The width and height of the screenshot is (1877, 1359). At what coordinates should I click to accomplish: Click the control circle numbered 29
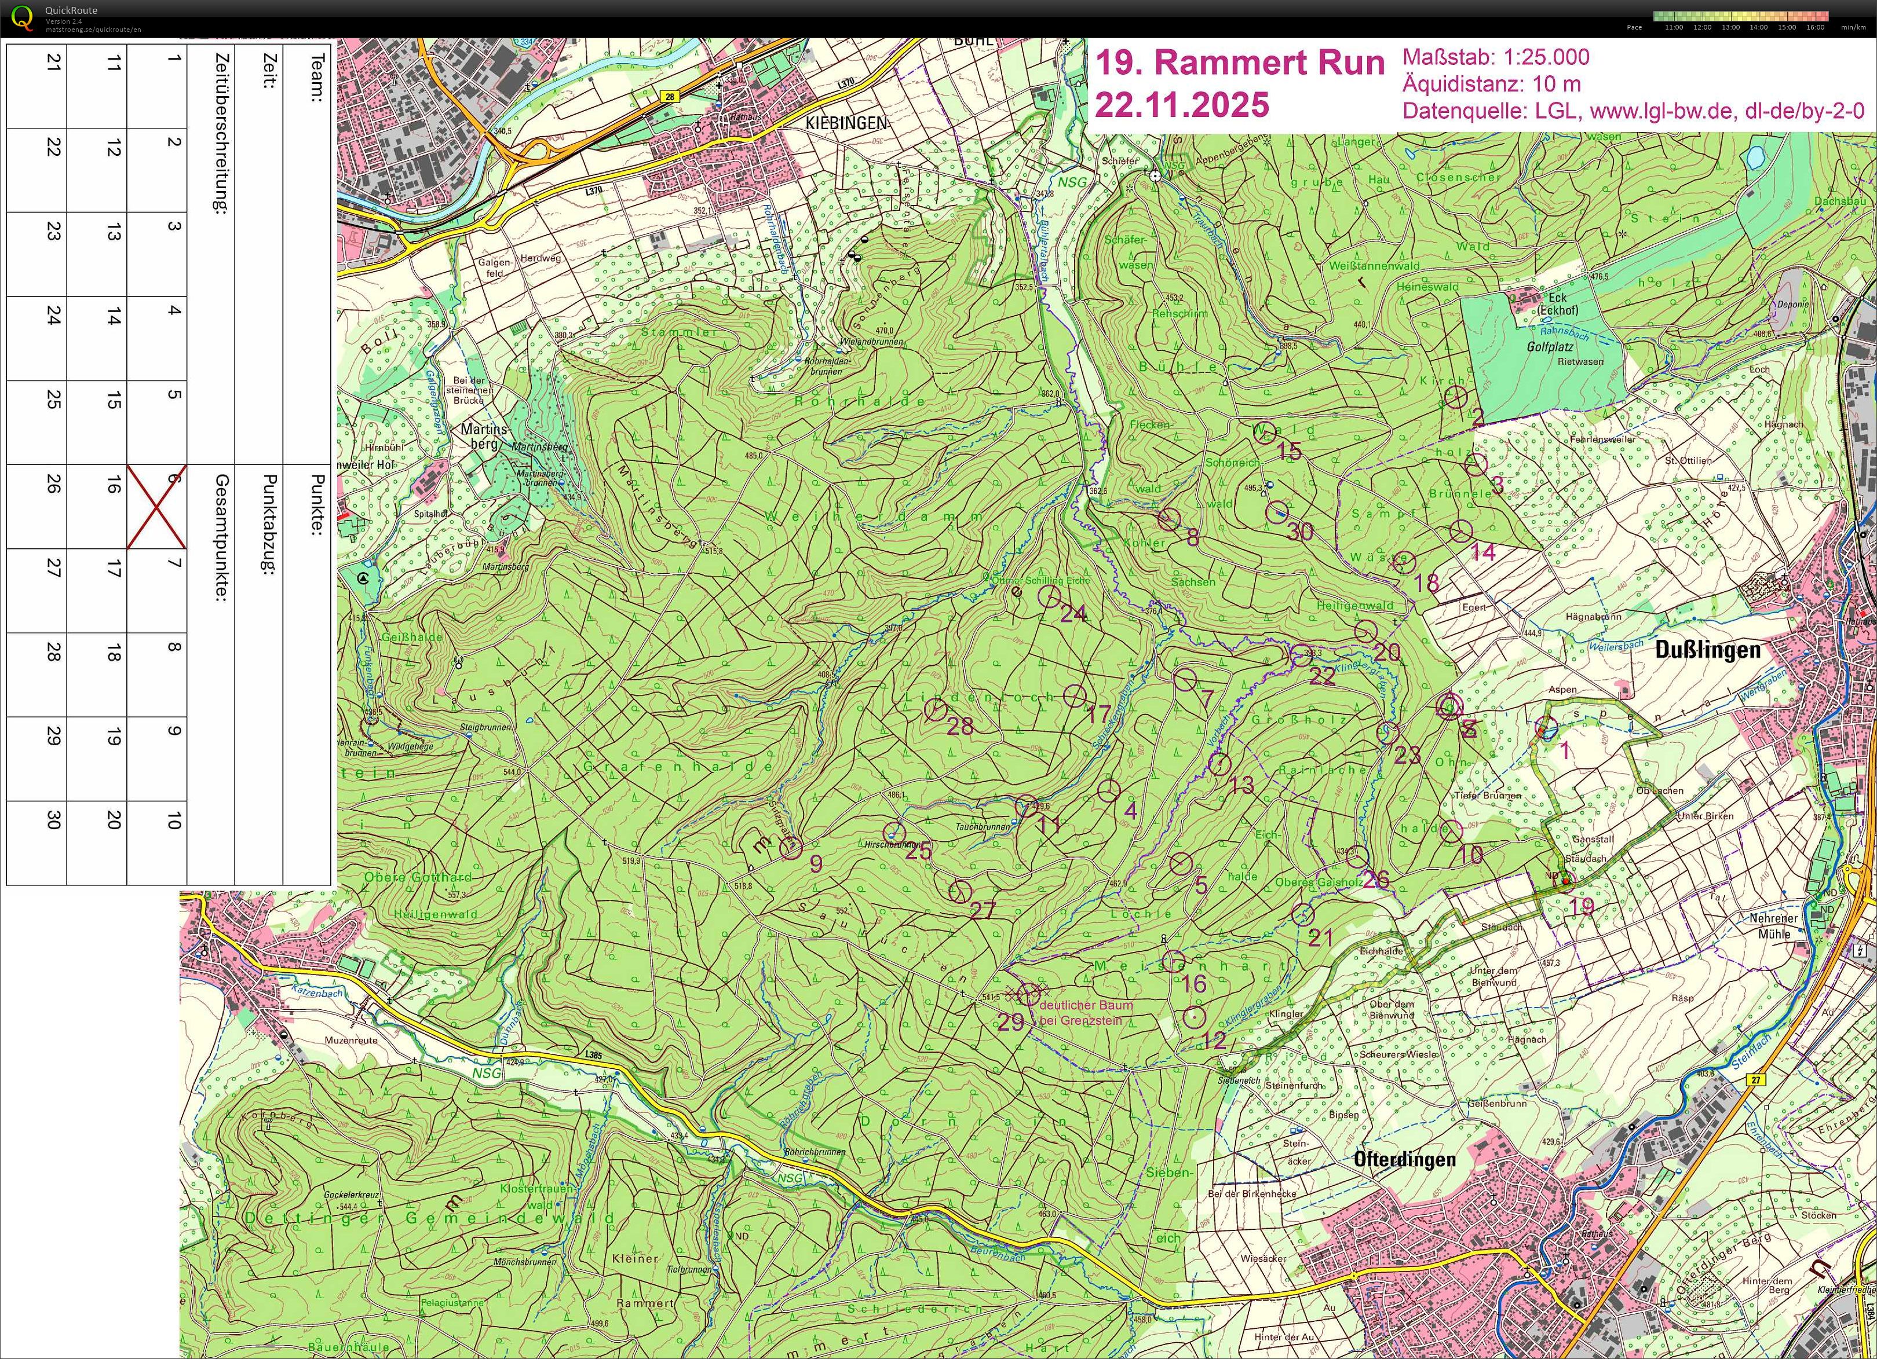pos(1029,994)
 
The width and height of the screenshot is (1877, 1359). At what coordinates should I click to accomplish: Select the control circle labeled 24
pos(1049,596)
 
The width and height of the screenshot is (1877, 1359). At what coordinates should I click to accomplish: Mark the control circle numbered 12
pos(1194,1017)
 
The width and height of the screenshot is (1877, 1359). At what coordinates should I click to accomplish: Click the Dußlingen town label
pos(1707,650)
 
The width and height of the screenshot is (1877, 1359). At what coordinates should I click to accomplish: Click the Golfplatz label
pos(1549,347)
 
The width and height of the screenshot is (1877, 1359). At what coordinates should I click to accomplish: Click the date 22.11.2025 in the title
pos(1181,105)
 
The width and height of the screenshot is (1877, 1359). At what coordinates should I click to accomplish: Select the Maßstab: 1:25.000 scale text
pos(1495,57)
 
